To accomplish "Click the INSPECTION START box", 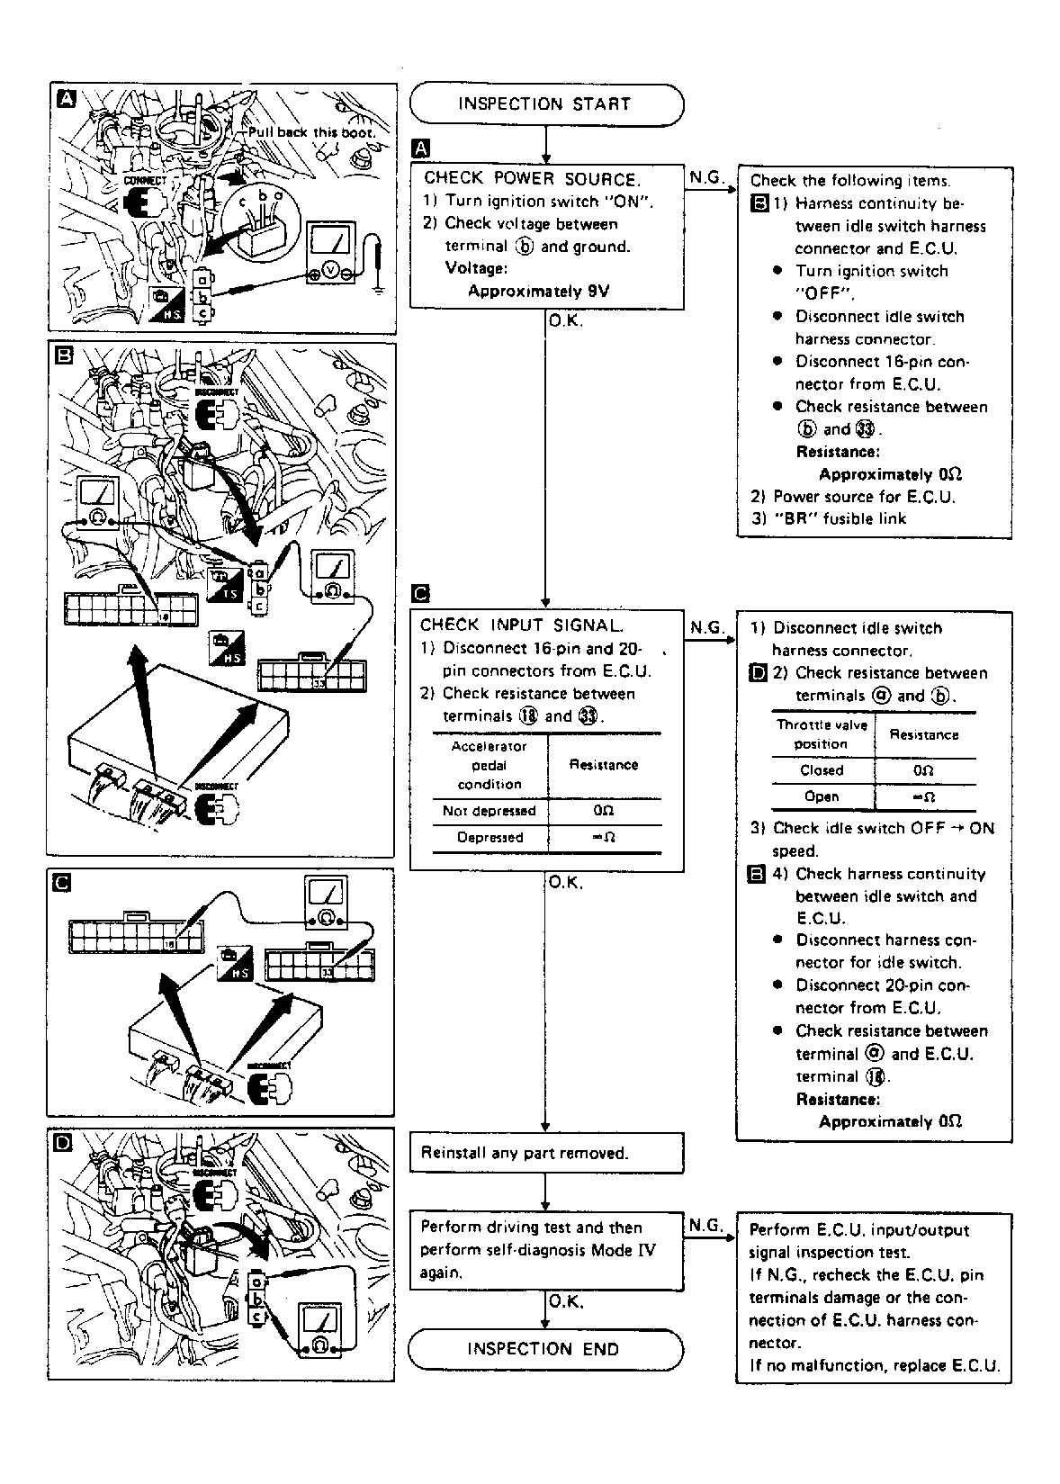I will pos(545,104).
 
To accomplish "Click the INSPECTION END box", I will pos(543,1349).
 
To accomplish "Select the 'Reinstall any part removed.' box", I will pos(545,1153).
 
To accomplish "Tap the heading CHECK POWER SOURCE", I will pos(532,178).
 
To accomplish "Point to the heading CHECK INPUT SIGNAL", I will pos(521,625).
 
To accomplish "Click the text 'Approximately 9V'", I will pos(538,291).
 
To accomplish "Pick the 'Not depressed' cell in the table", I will pos(489,811).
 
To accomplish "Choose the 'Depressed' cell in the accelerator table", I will pos(489,838).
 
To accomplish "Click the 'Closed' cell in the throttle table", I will pos(822,770).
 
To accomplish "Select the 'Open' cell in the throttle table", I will pos(822,796).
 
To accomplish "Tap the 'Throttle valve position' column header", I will pos(822,734).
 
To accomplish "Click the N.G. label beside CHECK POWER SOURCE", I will pos(706,177).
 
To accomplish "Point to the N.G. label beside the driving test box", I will pos(706,1225).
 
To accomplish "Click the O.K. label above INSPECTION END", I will pos(566,1301).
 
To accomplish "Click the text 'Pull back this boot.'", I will pos(311,132).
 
